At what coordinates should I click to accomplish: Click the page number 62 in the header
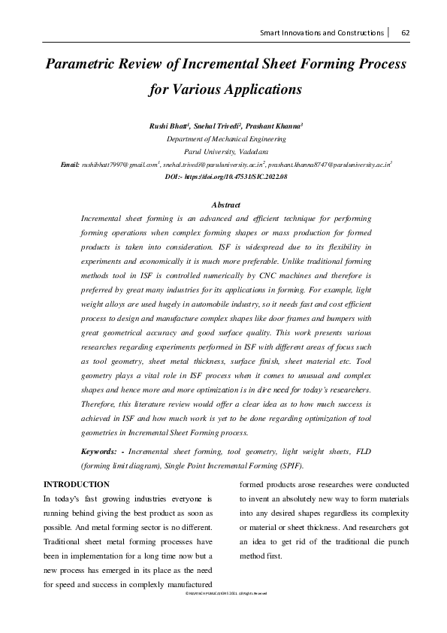click(405, 32)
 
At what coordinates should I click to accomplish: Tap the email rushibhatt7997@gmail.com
click(120, 163)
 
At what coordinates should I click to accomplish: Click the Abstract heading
click(226, 205)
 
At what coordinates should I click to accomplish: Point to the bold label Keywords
click(101, 451)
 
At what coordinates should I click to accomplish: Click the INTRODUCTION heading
click(77, 484)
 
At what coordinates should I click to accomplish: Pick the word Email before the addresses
click(70, 163)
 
